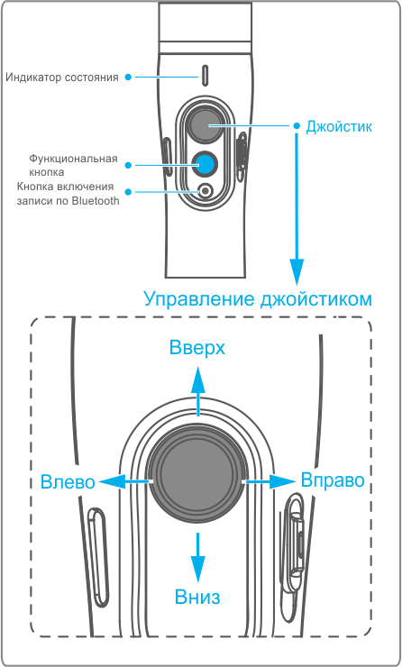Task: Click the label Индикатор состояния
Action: click(61, 78)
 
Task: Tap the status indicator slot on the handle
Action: click(205, 74)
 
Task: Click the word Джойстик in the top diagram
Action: click(339, 126)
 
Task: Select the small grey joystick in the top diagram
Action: click(206, 125)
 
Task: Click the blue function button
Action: click(205, 164)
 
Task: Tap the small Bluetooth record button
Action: click(206, 191)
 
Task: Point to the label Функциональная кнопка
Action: click(73, 166)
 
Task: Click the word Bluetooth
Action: click(96, 201)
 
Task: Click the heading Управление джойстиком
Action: click(258, 298)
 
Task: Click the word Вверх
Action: click(197, 348)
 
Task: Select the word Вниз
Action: click(197, 597)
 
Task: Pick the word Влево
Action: click(68, 482)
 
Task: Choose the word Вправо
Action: click(333, 480)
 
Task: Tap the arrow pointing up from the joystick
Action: click(197, 390)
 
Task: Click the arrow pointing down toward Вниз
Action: click(197, 557)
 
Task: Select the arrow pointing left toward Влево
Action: click(125, 481)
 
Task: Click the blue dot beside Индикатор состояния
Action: click(128, 77)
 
